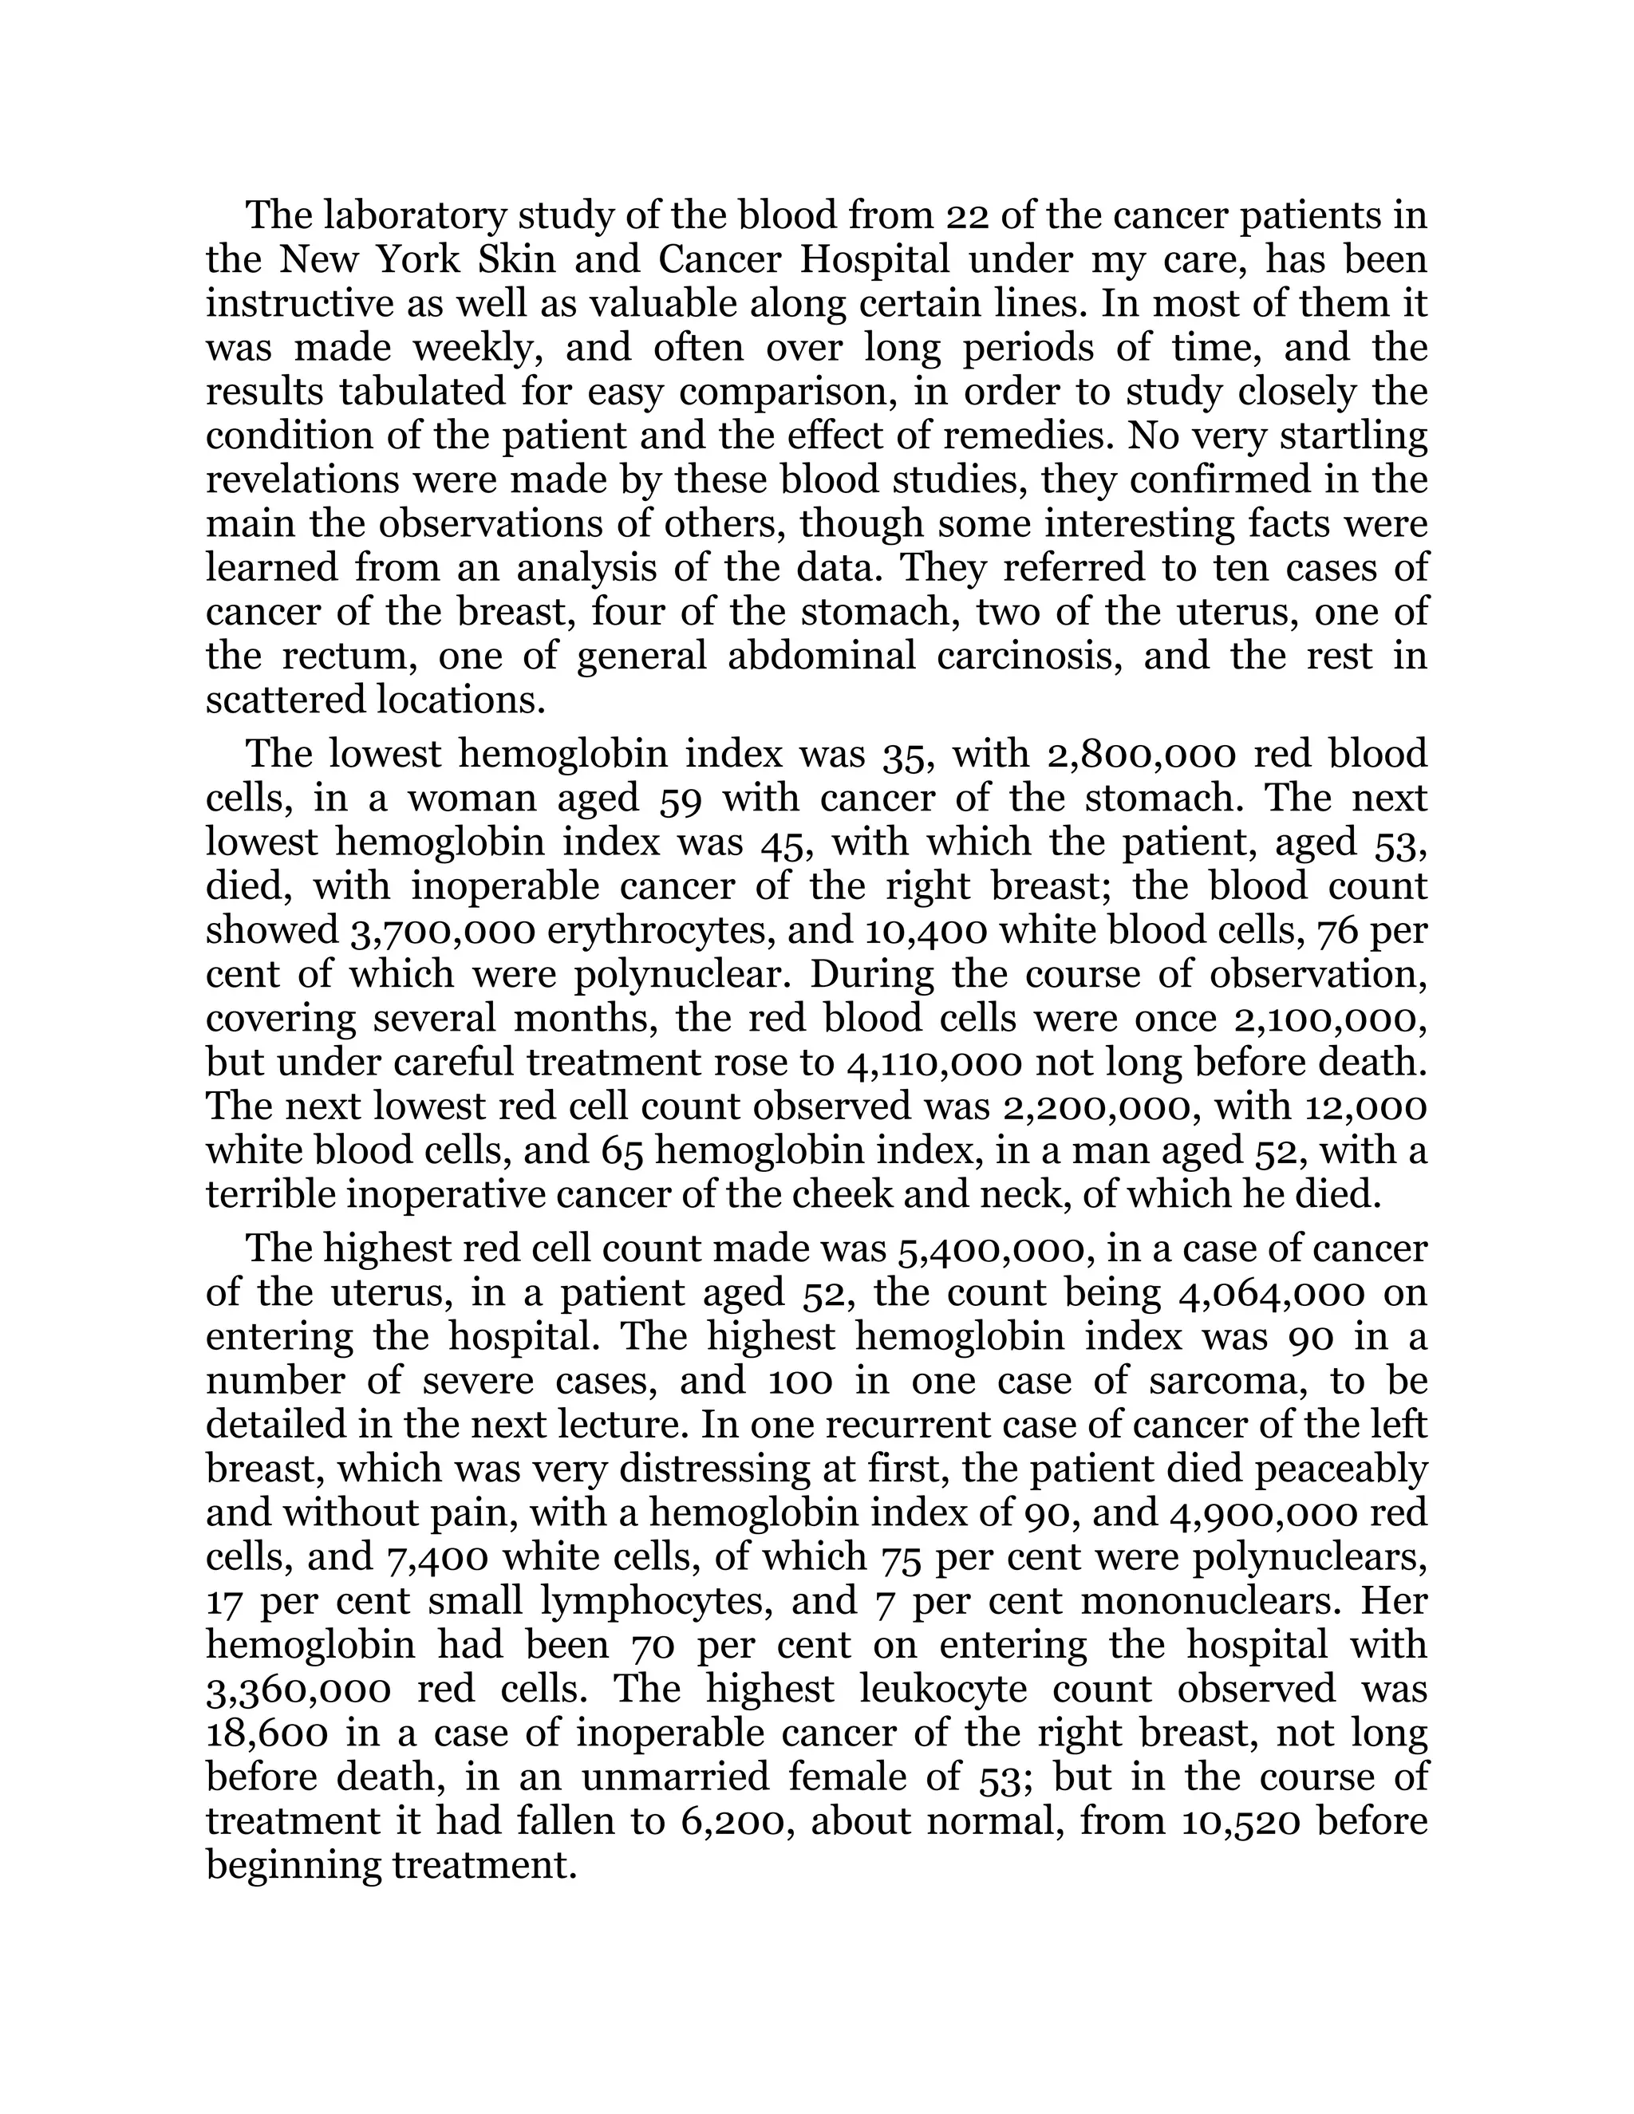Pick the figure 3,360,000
pos(299,1690)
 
